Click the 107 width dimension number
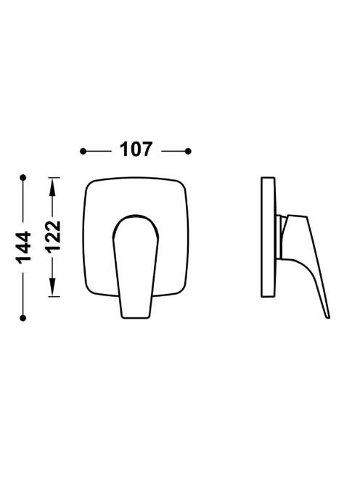[136, 150]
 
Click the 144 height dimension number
[24, 248]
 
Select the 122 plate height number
[54, 237]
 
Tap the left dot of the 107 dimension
[83, 151]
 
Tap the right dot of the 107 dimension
[188, 151]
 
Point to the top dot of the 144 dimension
[22, 178]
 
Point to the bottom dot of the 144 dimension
[22, 318]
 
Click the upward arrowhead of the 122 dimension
[52, 187]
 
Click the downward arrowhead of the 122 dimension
[52, 287]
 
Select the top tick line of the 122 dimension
[54, 178]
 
